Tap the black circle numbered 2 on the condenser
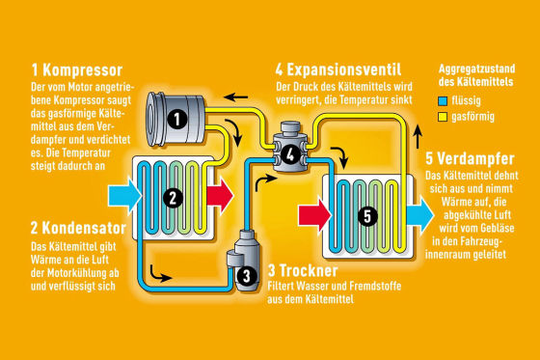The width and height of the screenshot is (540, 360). (x=172, y=198)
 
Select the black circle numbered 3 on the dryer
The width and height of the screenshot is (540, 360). (x=247, y=275)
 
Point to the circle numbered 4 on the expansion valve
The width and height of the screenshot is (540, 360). (x=291, y=153)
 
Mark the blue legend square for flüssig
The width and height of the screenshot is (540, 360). (x=442, y=99)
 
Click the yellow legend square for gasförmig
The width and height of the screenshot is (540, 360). (x=442, y=115)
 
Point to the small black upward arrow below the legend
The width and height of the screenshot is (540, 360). (x=416, y=134)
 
